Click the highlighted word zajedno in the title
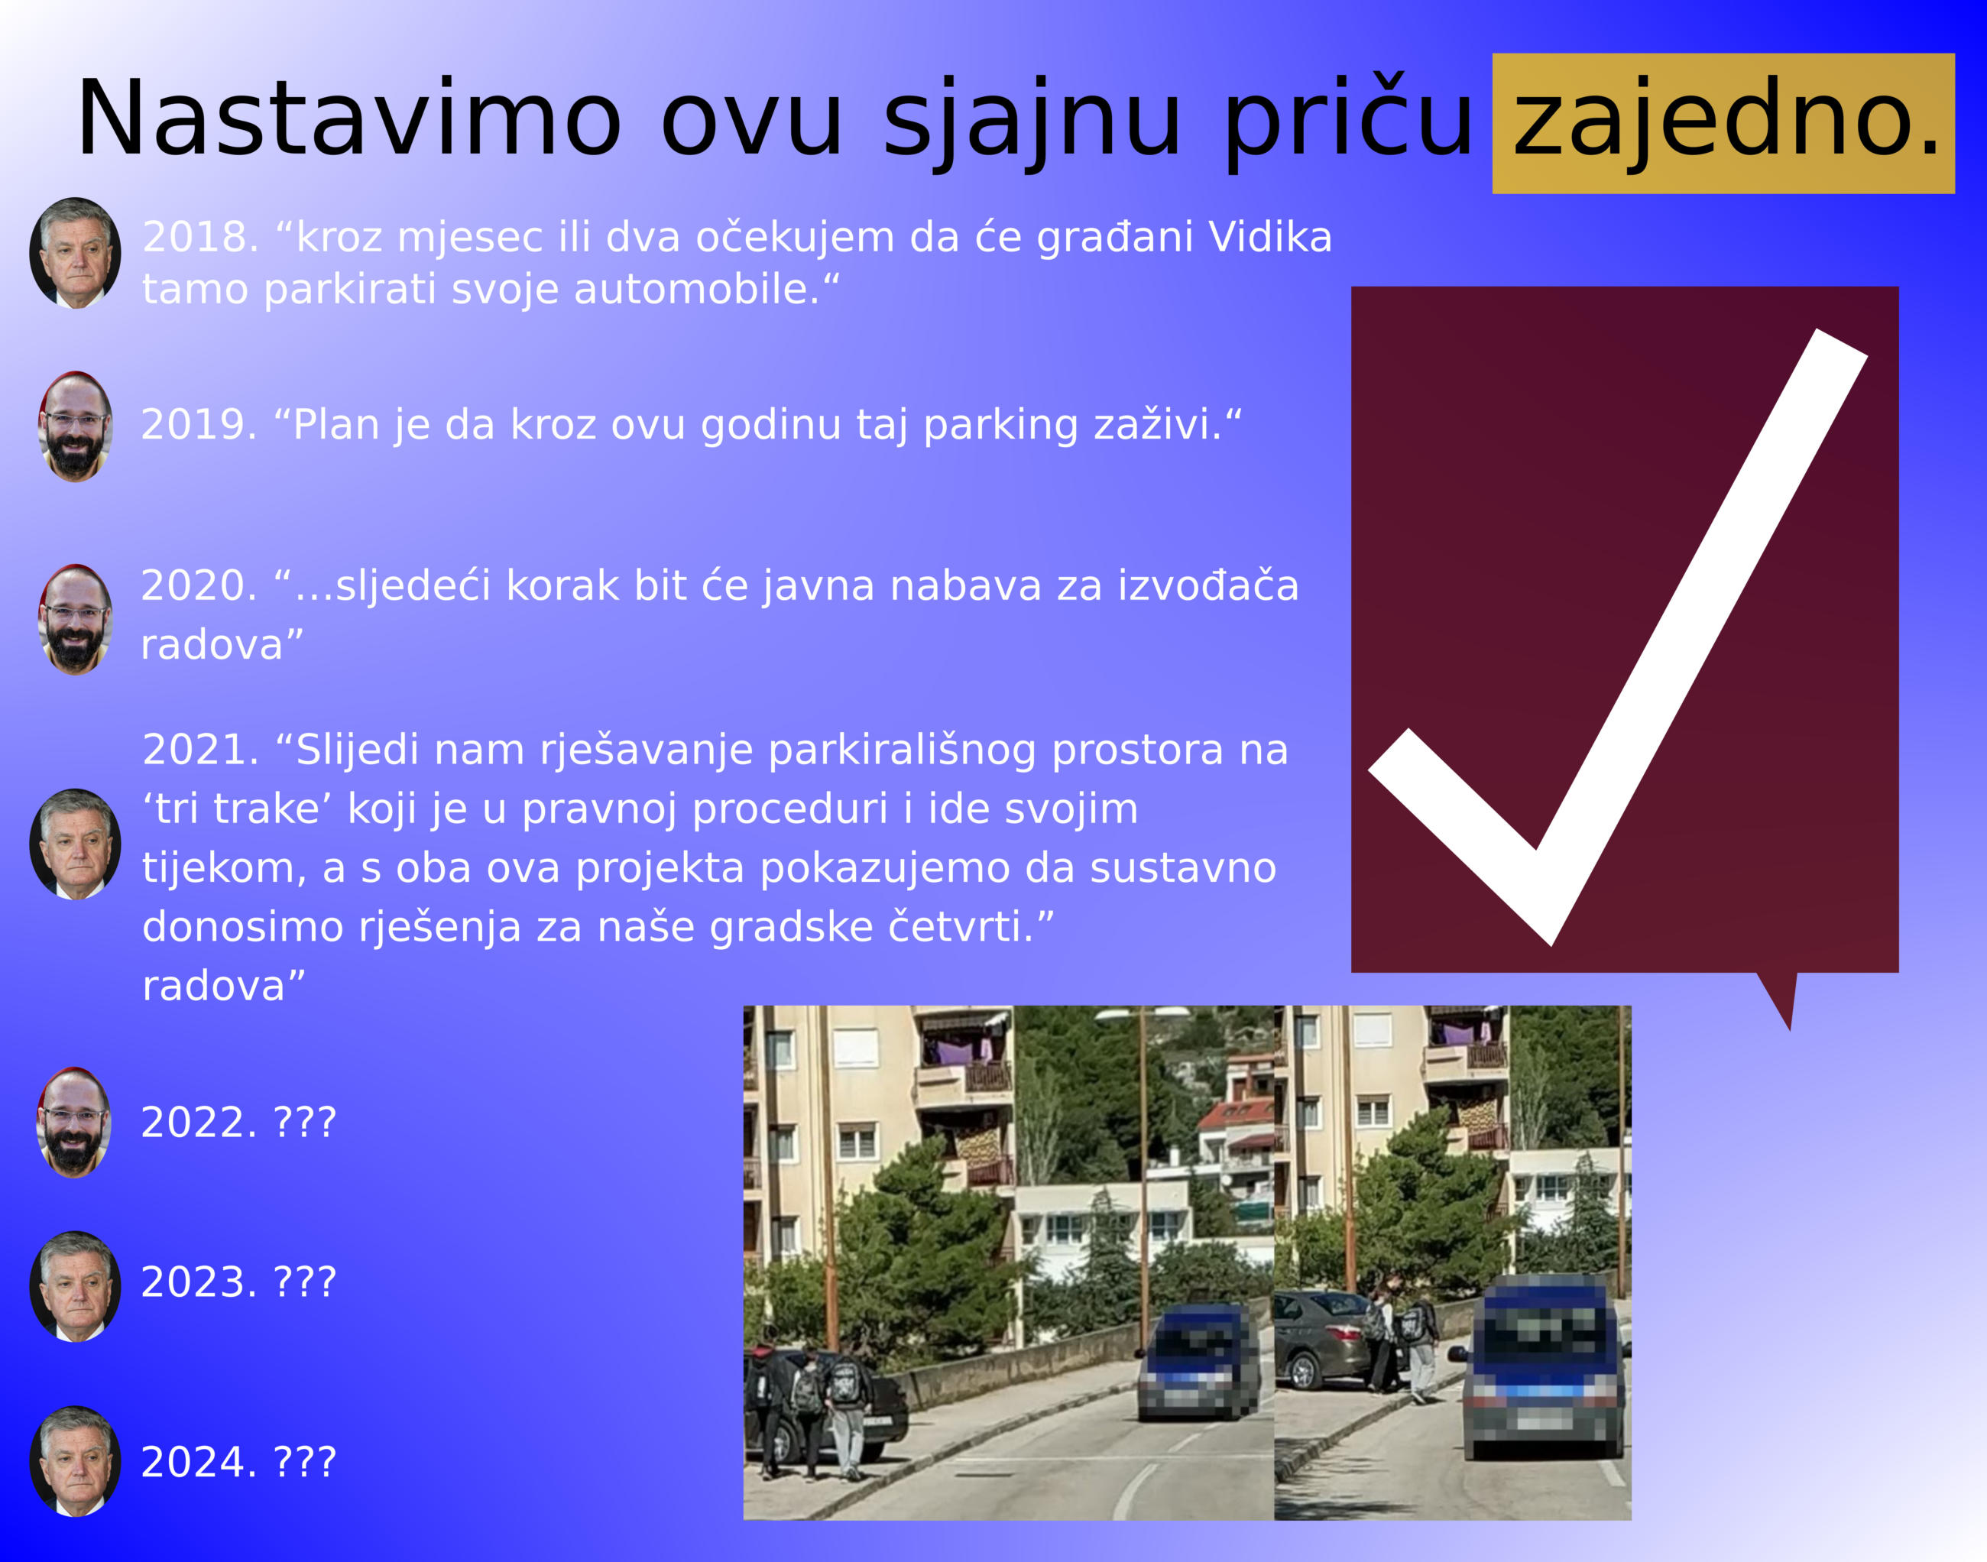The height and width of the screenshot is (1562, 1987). coord(1723,122)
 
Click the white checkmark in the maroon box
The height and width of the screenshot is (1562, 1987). coord(1616,637)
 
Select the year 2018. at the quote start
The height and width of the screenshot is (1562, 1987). coord(200,237)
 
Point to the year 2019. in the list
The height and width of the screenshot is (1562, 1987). coord(199,424)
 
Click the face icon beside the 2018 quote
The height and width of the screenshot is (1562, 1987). coord(75,253)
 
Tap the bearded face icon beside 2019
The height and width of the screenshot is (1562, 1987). coord(75,426)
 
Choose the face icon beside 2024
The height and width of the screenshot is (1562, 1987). coord(75,1461)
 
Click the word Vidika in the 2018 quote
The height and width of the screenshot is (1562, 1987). coord(1270,237)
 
